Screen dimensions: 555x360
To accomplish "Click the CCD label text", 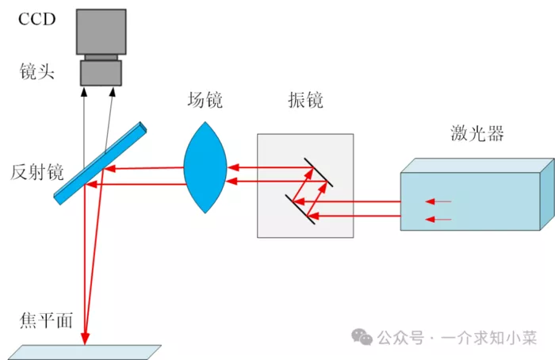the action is tap(36, 19).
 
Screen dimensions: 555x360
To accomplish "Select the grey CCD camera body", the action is tap(101, 32).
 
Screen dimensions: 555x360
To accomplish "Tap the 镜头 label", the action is tap(36, 72).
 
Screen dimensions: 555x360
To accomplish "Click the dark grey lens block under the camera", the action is tap(101, 73).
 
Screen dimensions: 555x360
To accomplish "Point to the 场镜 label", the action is tap(205, 99).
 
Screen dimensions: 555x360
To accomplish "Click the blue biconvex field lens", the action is tap(205, 167).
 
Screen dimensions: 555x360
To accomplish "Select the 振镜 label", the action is tap(305, 99).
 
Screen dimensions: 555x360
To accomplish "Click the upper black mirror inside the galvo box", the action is tap(319, 172).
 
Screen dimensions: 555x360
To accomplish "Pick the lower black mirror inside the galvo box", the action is tap(300, 209).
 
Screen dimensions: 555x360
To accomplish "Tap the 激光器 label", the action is tap(477, 133).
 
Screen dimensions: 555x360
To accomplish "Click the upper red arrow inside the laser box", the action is tap(438, 201).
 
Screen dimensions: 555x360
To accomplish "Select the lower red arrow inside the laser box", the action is tap(438, 220).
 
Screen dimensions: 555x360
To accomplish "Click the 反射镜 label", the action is tap(36, 172).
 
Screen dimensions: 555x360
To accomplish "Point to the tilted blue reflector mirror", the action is tap(100, 163).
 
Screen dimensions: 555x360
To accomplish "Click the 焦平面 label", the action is tap(46, 320).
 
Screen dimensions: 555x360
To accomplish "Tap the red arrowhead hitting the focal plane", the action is tap(85, 338).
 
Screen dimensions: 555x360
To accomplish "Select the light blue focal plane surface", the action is tap(84, 352).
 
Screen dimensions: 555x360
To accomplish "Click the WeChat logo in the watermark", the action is tap(362, 337).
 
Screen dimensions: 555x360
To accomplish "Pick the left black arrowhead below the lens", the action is tap(84, 92).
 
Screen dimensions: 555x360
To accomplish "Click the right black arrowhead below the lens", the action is tap(113, 92).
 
